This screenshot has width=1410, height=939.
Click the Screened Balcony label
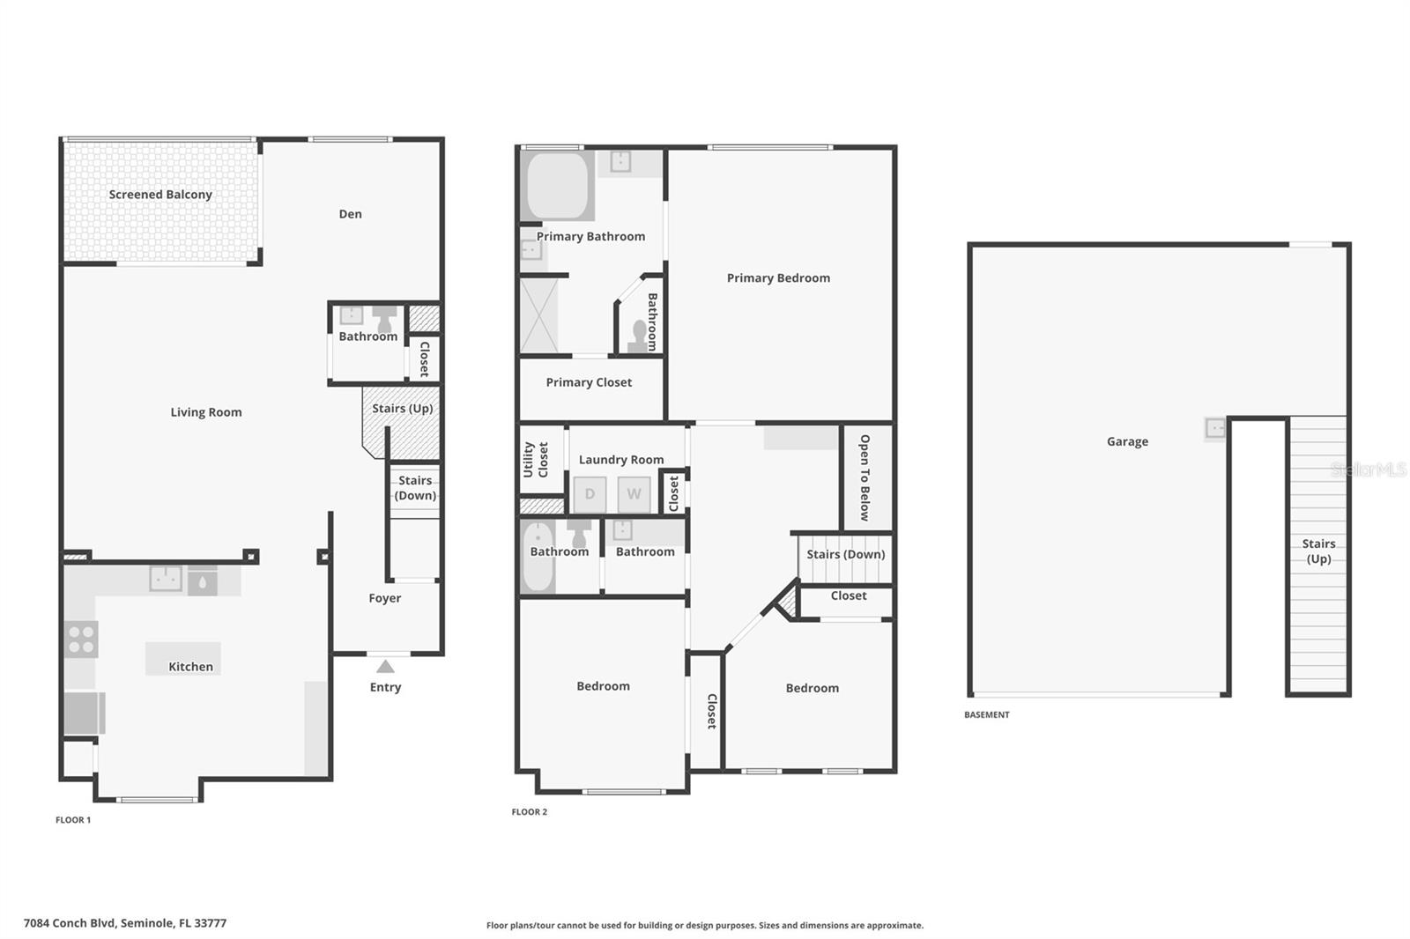pos(160,195)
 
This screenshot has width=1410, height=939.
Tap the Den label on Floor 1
pos(350,214)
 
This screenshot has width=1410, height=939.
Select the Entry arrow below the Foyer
pos(385,667)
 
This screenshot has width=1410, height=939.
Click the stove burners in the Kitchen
pos(81,640)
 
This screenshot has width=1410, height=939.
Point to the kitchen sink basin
pos(166,579)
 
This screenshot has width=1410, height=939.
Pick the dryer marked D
pos(590,494)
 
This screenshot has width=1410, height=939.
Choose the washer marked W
pos(634,494)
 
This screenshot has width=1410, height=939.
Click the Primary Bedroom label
pos(778,278)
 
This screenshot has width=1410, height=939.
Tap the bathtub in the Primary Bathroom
pos(557,186)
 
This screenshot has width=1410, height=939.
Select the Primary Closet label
pos(589,382)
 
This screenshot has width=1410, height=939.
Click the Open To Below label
pos(865,477)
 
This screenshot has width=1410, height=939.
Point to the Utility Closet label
pos(536,460)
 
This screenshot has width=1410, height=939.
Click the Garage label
pos(1127,442)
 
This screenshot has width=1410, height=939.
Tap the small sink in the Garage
pos(1215,428)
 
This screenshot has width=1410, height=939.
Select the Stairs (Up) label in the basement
pos(1318,551)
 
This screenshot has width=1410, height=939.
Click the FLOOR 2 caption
pos(530,812)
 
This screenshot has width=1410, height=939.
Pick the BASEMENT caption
pos(987,715)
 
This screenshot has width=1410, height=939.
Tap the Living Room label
pos(206,412)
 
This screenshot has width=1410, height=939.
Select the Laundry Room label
pos(621,460)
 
